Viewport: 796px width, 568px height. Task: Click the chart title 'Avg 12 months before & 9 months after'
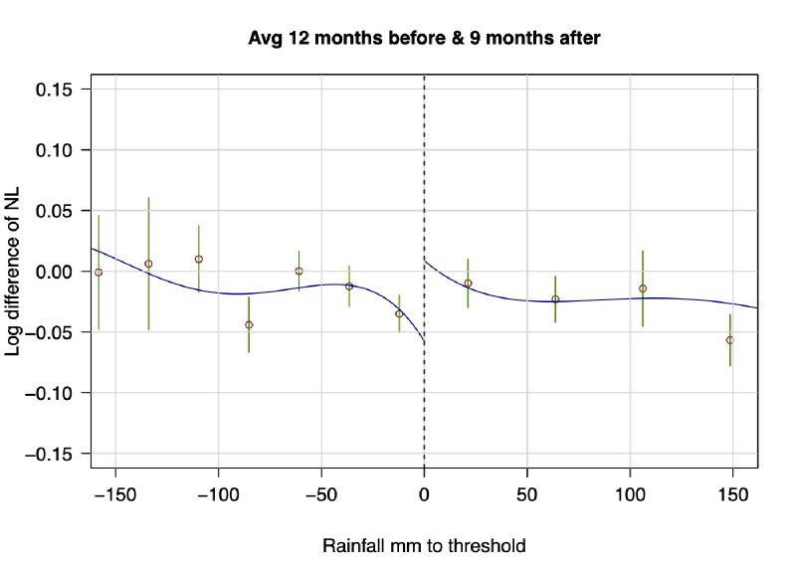425,39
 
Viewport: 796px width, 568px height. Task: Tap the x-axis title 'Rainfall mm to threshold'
424,546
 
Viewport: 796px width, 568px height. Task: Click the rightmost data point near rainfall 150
730,340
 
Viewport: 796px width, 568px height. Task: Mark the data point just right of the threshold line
468,284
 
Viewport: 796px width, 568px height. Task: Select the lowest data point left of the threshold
249,325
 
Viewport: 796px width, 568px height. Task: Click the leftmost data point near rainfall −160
99,272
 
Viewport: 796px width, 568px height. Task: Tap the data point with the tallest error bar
148,264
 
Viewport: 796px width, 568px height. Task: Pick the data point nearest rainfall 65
555,299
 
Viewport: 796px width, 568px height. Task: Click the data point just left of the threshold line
399,313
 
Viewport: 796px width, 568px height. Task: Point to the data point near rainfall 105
643,288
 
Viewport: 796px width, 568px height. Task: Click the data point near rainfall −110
199,259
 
